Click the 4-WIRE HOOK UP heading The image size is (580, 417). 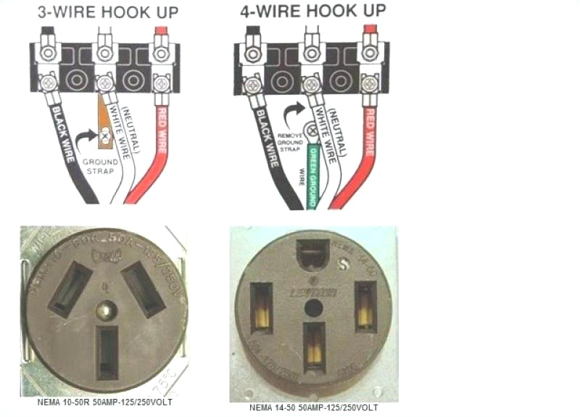[x=312, y=11]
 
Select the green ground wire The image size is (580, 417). [x=313, y=174]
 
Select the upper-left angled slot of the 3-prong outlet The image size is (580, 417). [x=70, y=289]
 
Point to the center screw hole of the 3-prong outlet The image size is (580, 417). [x=107, y=311]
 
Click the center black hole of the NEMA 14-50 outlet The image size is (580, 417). [x=313, y=307]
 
